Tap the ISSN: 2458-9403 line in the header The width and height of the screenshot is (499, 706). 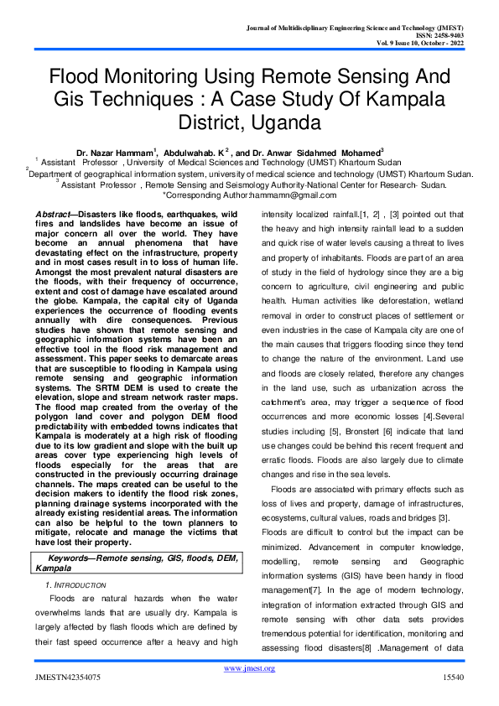click(x=446, y=35)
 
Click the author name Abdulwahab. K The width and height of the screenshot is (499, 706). click(x=195, y=152)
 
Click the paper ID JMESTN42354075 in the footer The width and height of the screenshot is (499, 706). click(x=68, y=676)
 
